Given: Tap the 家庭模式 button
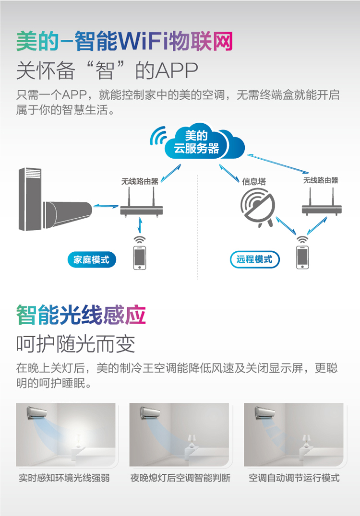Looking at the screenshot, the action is tap(92, 259).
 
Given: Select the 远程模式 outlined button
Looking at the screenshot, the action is tap(254, 259).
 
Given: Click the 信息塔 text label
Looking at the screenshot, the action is tap(253, 181).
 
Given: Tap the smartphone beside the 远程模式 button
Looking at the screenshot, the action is tap(302, 257).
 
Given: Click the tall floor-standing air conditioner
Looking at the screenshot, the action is tap(30, 199).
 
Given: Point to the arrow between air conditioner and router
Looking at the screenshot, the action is tap(106, 206).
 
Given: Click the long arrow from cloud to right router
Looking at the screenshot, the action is tap(278, 164).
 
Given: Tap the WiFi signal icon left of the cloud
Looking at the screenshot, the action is tap(158, 136).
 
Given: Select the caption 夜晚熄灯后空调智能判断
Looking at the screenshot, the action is tap(180, 478).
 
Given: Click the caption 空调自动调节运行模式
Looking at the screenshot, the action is tap(294, 478).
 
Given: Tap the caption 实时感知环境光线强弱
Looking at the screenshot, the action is tap(64, 478).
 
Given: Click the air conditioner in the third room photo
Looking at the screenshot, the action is tap(265, 413).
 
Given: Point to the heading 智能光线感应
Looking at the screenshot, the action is tap(81, 315).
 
